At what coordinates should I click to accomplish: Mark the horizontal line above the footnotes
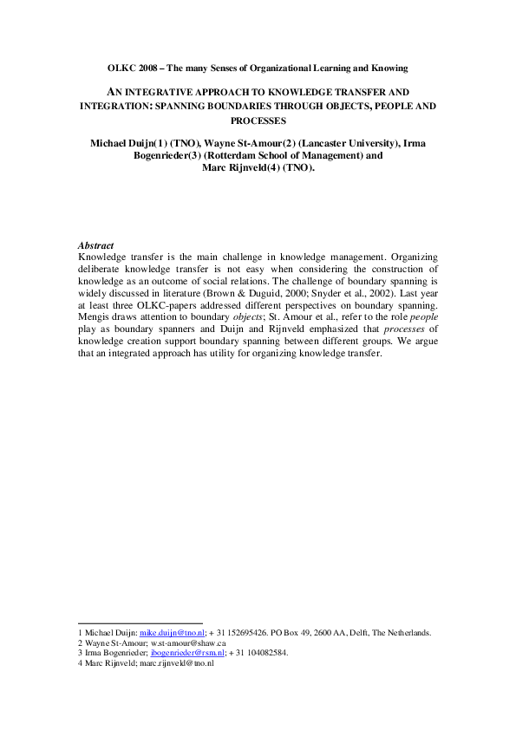coord(140,622)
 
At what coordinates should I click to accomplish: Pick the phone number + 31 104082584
coord(259,653)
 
